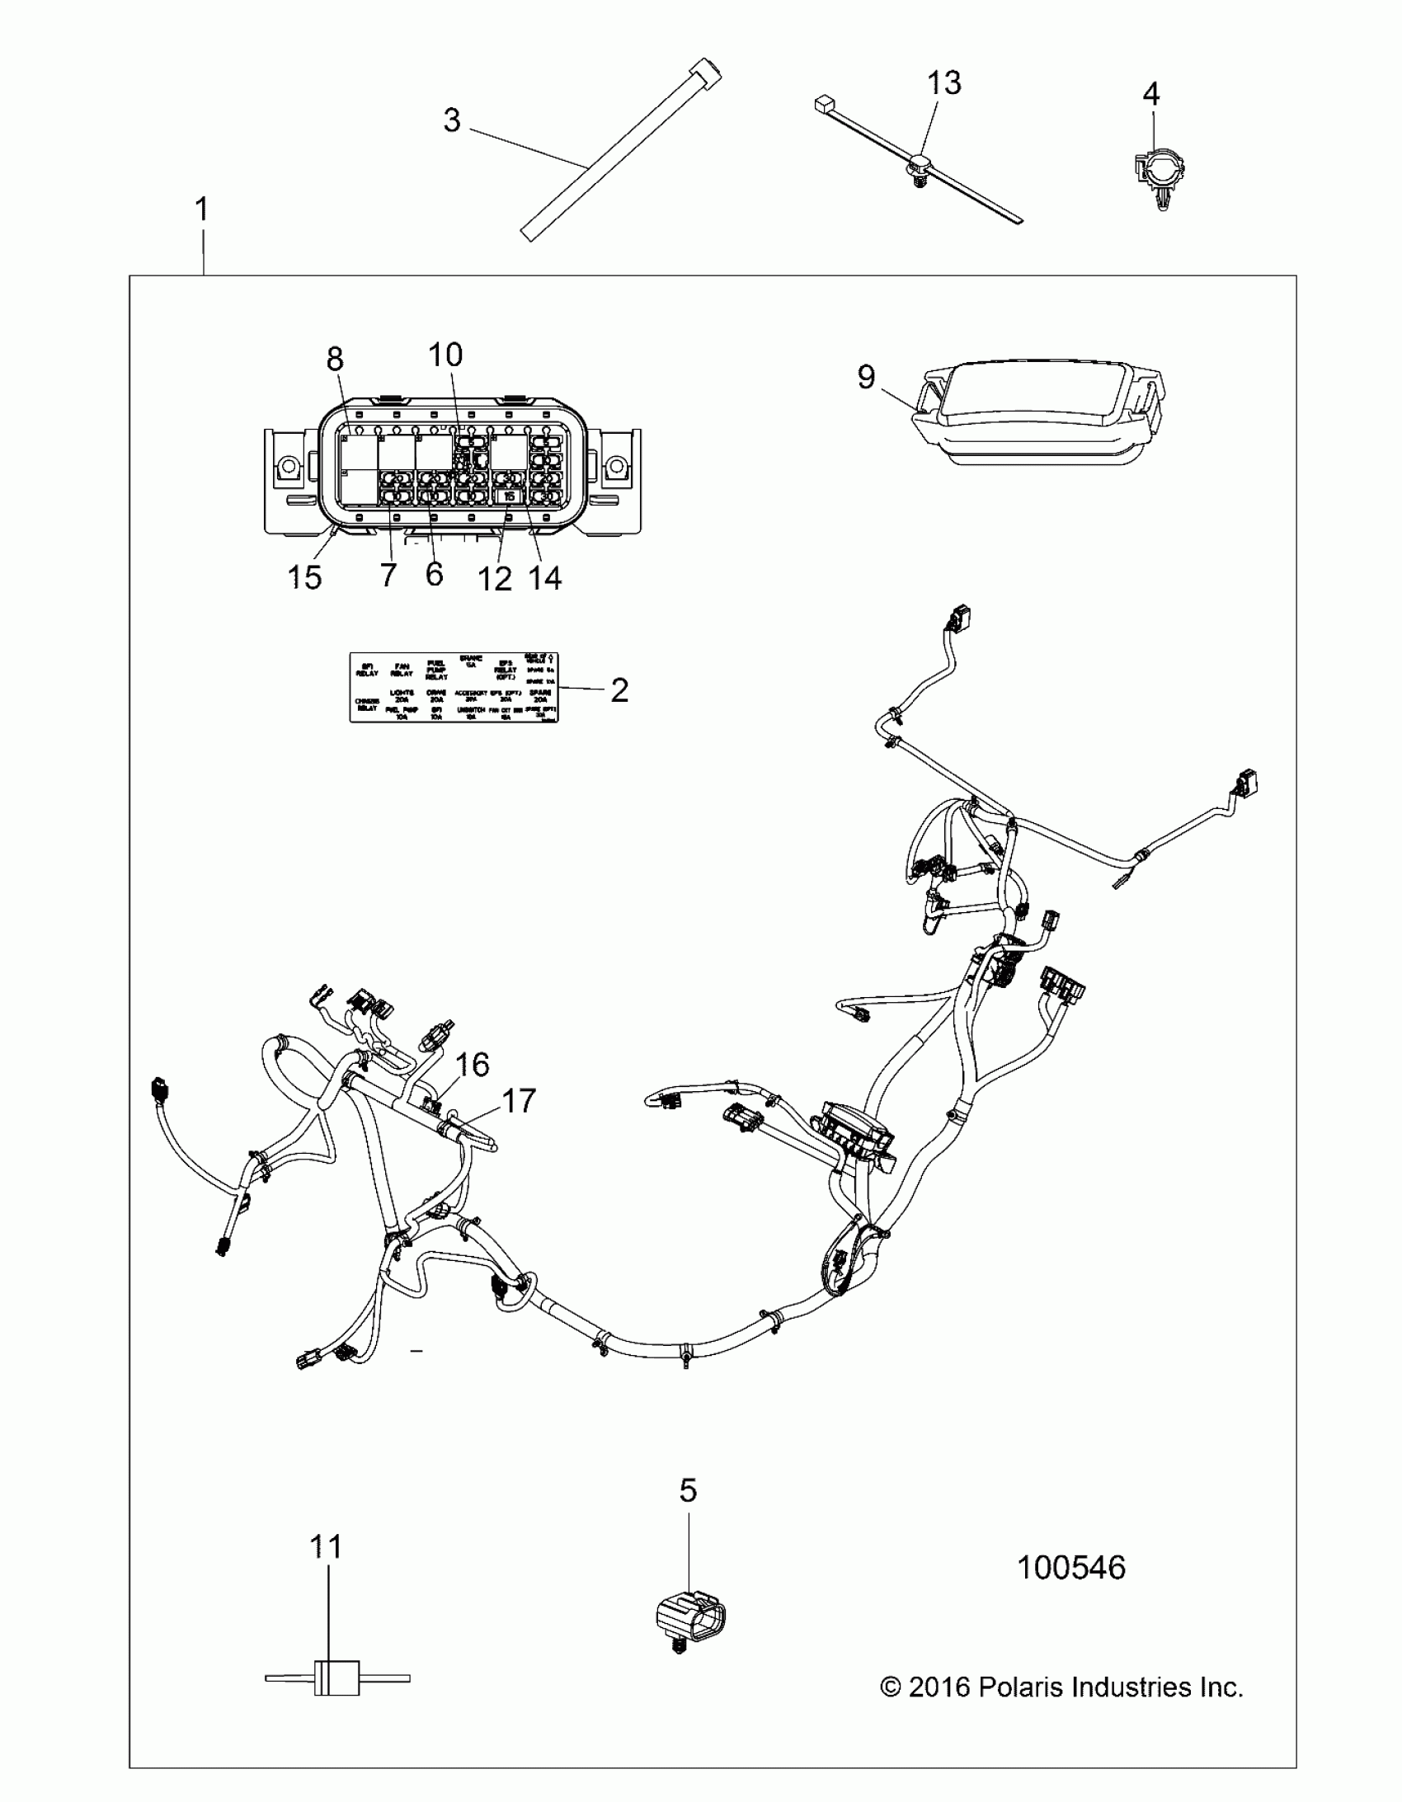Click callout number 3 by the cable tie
[x=451, y=120]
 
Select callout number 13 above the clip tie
[x=944, y=83]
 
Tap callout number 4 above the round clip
[x=1150, y=94]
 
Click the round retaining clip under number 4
[x=1160, y=173]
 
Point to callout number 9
[x=866, y=377]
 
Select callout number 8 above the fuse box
[x=334, y=359]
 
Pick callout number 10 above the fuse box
[x=445, y=355]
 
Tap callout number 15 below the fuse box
[x=304, y=577]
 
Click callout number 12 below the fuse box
[x=495, y=579]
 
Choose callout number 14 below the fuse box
[x=545, y=578]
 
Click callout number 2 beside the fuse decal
[x=619, y=689]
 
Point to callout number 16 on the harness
[x=473, y=1065]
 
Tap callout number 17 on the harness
[x=518, y=1101]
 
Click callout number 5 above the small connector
[x=687, y=1490]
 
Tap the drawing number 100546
[x=1071, y=1568]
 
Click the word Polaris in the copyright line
[x=1019, y=1687]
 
